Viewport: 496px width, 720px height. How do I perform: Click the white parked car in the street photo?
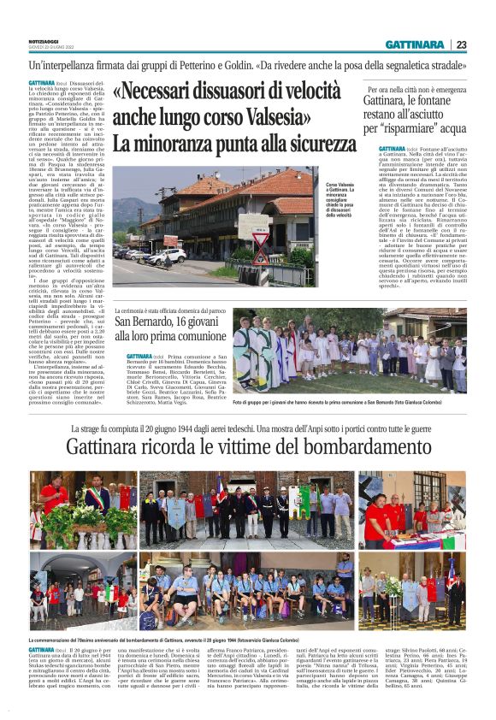pos(168,255)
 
